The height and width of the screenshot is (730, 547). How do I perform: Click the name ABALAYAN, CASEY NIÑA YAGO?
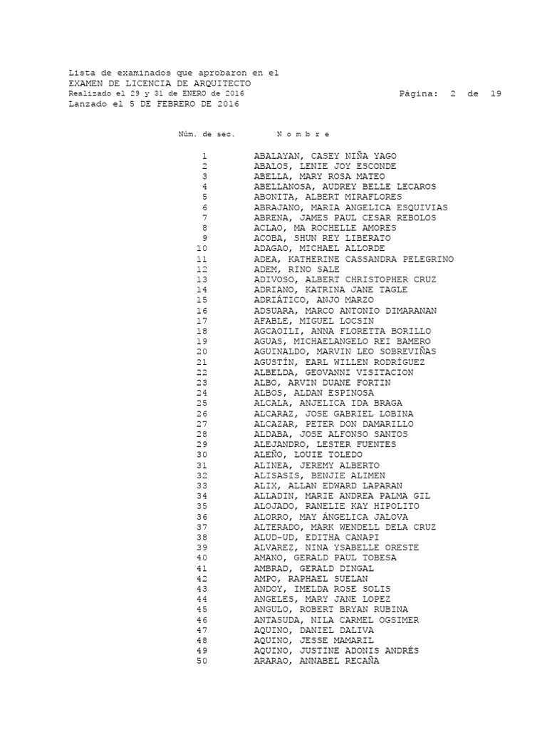(325, 156)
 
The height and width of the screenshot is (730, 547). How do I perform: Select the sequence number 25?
(202, 403)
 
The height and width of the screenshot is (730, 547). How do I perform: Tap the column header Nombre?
(303, 135)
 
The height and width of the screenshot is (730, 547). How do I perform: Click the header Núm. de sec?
(207, 135)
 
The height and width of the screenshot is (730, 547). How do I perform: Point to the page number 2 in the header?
(452, 93)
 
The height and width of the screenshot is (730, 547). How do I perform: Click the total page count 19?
(496, 93)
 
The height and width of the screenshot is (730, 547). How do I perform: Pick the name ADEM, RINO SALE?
(296, 269)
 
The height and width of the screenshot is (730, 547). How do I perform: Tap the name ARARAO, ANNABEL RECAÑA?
(316, 661)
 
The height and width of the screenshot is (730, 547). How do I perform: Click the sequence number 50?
(202, 661)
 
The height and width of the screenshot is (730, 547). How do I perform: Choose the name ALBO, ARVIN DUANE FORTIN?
(322, 383)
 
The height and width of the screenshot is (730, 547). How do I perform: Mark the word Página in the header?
(420, 93)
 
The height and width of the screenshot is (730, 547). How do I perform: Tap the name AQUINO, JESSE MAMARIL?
(313, 640)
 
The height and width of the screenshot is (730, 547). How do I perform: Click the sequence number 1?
(204, 156)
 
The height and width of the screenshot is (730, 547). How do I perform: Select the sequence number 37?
(202, 527)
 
